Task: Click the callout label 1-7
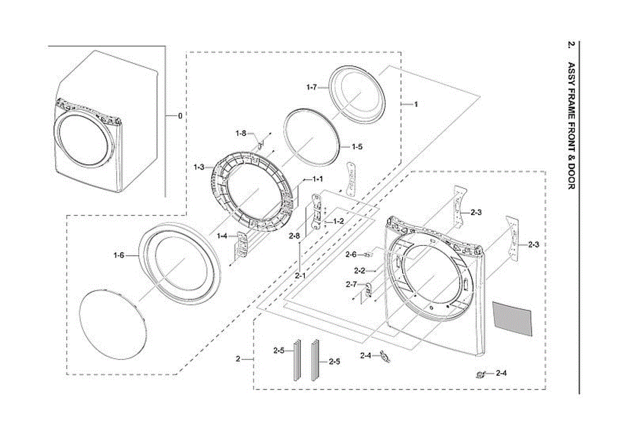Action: coord(312,87)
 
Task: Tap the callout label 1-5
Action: coord(357,147)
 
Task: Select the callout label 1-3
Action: coord(199,167)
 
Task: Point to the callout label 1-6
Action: coord(119,256)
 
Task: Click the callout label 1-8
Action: coord(241,134)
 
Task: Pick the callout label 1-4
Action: coord(222,236)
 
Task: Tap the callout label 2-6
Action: coord(351,255)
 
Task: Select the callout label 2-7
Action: coord(352,285)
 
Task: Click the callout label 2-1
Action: coord(300,276)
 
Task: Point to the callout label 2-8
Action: coord(295,236)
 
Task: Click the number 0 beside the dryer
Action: coord(180,116)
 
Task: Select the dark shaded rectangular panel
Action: coord(512,319)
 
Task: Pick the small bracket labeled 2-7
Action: coord(368,291)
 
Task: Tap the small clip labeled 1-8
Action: coord(260,145)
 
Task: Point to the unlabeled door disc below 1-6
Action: coord(113,325)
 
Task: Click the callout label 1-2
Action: coord(338,221)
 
